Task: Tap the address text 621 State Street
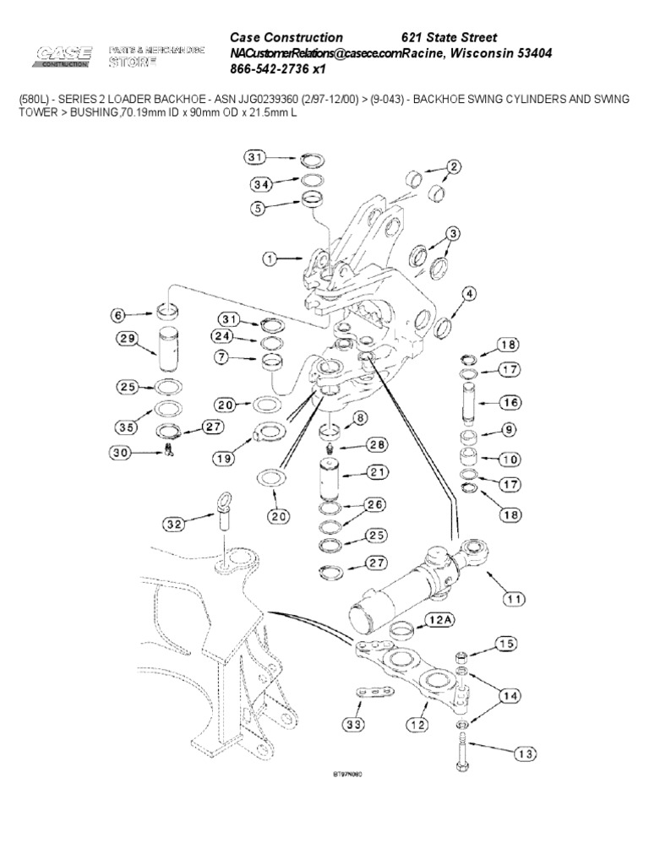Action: [x=448, y=38]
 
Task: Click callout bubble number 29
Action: [x=128, y=340]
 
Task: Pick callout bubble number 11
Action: [x=514, y=600]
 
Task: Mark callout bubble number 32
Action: [x=173, y=525]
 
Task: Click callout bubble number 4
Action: [x=467, y=294]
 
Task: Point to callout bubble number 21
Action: [x=376, y=471]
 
